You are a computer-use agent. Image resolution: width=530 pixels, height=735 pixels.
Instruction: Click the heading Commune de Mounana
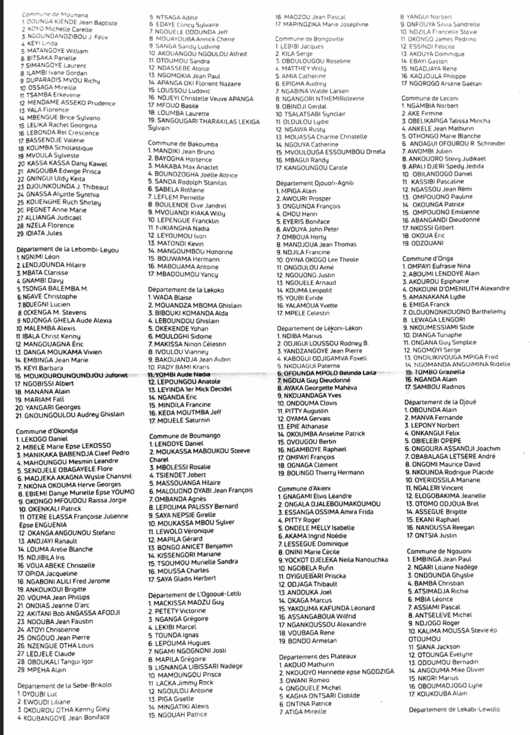tap(55, 15)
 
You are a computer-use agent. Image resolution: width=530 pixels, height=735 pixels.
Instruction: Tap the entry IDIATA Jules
tap(40, 233)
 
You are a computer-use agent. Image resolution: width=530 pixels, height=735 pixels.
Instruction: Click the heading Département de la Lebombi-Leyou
tap(67, 249)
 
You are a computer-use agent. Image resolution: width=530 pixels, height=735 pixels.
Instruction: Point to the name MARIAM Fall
tap(40, 399)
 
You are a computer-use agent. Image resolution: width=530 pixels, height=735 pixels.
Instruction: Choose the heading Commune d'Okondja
tap(47, 431)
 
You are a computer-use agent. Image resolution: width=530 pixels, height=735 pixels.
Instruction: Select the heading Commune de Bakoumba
tap(183, 144)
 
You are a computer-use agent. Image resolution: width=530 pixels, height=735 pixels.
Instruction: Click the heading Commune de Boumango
tap(185, 436)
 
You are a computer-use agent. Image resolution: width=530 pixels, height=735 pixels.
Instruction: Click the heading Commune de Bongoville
tap(309, 39)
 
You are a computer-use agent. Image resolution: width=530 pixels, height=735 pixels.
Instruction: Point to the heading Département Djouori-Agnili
tap(314, 183)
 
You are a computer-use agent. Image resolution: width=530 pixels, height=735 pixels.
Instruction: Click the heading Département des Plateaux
tap(317, 656)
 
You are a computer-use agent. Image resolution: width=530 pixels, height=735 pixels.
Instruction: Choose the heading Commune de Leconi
tap(430, 98)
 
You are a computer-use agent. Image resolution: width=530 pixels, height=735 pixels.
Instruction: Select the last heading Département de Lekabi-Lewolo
tap(454, 709)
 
